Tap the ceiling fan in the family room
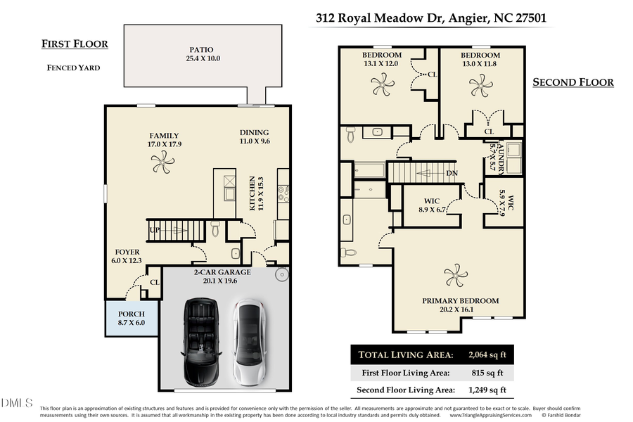click(x=162, y=164)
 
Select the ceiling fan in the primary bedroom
click(x=456, y=274)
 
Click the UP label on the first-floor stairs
click(x=153, y=229)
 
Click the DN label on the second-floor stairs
click(x=452, y=173)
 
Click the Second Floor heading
click(x=573, y=82)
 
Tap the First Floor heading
click(x=75, y=44)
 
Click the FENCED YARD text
click(x=73, y=68)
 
